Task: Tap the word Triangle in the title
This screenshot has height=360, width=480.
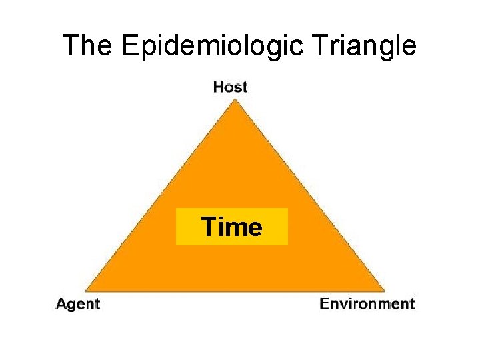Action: coord(365,46)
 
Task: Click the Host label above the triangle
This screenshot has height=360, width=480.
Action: coord(230,87)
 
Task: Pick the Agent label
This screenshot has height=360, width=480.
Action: coord(78,304)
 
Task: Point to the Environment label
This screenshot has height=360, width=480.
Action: coord(367,304)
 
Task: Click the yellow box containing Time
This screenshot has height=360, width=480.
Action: coord(231,227)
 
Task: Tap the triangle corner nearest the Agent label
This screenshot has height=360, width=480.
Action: coord(85,291)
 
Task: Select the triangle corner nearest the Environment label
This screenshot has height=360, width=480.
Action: coord(385,291)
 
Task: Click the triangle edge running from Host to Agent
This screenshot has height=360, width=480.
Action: coord(160,195)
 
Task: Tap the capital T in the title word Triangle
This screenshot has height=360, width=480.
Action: coord(321,46)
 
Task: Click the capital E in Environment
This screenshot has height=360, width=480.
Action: coord(325,304)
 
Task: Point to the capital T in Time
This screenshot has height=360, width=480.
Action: coord(208,227)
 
